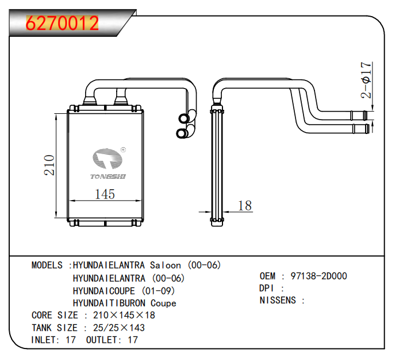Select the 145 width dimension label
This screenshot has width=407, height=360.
pyautogui.click(x=104, y=194)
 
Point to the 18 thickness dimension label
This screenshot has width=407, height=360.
pyautogui.click(x=245, y=205)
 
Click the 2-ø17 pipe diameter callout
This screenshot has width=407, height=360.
pyautogui.click(x=366, y=81)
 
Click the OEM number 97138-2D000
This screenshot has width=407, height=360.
pyautogui.click(x=318, y=276)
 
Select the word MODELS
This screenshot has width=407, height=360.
pyautogui.click(x=47, y=265)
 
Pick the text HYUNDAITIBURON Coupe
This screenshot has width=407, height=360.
pyautogui.click(x=124, y=303)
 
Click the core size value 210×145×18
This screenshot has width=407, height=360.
pyautogui.click(x=124, y=315)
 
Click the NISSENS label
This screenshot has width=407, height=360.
pyautogui.click(x=278, y=300)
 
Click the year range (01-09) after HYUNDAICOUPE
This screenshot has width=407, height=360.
pyautogui.click(x=158, y=290)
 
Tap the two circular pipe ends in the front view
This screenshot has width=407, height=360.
pyautogui.click(x=184, y=126)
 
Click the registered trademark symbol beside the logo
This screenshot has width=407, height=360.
pyautogui.click(x=123, y=150)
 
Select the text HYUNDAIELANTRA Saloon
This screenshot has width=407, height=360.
pyautogui.click(x=124, y=265)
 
